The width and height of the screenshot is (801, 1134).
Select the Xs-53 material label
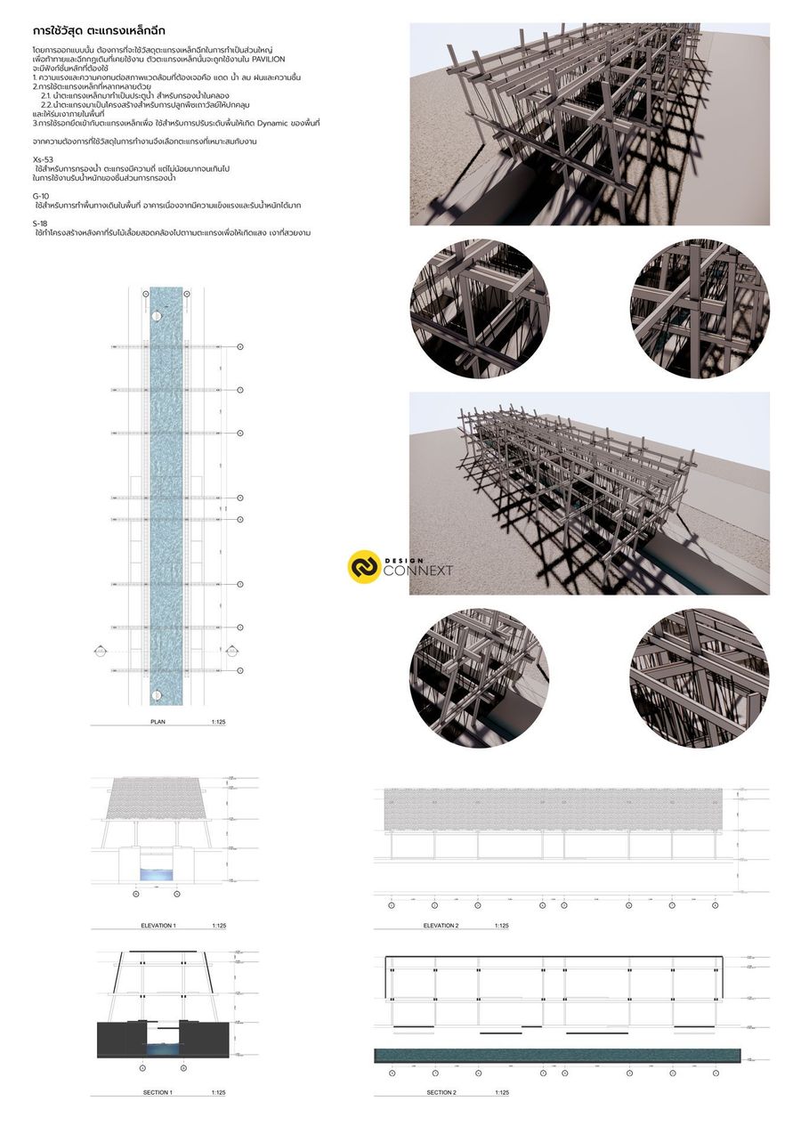(43, 158)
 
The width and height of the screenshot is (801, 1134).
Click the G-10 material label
(41, 195)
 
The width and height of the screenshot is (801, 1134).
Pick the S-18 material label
(40, 222)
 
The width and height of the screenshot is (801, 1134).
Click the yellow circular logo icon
(363, 567)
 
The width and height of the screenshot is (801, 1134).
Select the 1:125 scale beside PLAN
(219, 722)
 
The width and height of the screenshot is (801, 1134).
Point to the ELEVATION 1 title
(158, 926)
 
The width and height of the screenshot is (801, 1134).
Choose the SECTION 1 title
(158, 1092)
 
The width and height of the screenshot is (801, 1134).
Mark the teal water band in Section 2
(558, 1056)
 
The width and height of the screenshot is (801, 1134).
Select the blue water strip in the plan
(166, 490)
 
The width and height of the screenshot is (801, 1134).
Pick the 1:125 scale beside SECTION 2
(503, 1092)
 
